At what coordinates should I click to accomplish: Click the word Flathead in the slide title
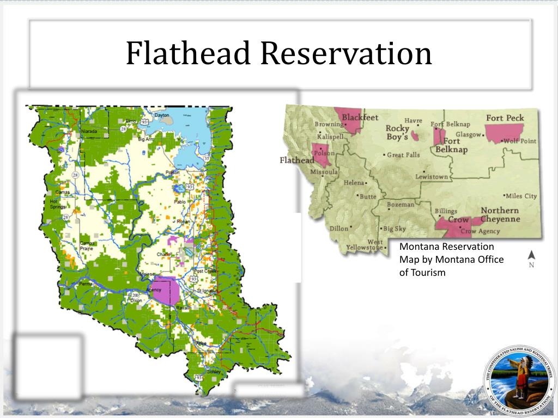(188, 53)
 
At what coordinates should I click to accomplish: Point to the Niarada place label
(88, 132)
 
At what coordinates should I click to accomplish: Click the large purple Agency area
(165, 291)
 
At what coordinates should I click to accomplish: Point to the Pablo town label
(180, 201)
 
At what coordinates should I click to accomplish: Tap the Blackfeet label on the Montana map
(360, 117)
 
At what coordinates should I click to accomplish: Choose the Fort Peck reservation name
(505, 118)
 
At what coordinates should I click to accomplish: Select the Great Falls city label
(403, 155)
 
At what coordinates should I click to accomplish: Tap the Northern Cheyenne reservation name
(500, 214)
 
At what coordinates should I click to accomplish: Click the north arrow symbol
(532, 255)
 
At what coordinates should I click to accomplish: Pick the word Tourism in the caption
(428, 273)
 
